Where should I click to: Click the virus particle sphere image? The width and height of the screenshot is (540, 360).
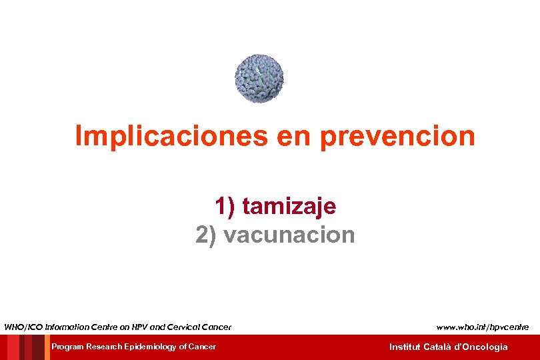(x=259, y=78)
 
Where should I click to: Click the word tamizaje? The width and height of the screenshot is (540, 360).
(x=289, y=207)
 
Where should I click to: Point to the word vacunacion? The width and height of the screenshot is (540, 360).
(x=289, y=235)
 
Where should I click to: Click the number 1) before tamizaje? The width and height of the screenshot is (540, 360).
(x=225, y=207)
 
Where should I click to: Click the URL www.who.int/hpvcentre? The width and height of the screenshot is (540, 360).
(x=483, y=327)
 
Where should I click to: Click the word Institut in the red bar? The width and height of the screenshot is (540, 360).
(x=405, y=347)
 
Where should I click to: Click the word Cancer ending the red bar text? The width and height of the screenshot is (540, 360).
(x=202, y=347)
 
